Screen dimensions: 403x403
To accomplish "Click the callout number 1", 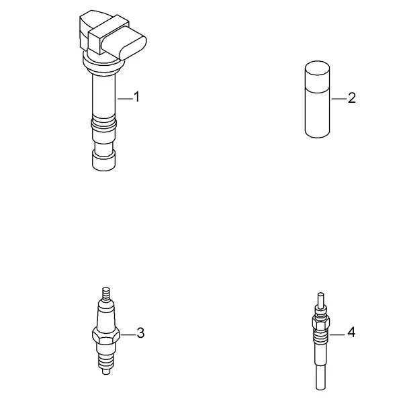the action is tap(137, 97).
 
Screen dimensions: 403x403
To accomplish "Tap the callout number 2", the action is tap(352, 98).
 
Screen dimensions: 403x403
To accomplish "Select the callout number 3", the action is tap(140, 333).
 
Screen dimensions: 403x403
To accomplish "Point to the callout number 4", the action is tap(351, 332).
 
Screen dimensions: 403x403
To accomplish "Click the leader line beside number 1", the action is tap(126, 99).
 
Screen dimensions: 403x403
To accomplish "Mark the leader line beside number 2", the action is tap(339, 99).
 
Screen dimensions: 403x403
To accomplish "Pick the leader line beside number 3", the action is tap(128, 334).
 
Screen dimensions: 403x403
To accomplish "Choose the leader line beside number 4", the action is tap(337, 334).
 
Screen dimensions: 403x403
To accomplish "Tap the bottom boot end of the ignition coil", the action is tap(104, 161).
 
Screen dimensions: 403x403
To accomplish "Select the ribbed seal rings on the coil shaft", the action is tap(103, 124).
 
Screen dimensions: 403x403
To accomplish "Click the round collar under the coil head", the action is tap(102, 64).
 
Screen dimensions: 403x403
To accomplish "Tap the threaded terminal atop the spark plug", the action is tap(106, 294).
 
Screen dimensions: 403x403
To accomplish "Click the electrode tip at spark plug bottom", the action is tap(106, 371).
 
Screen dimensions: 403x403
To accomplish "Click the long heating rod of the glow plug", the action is tap(320, 367).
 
